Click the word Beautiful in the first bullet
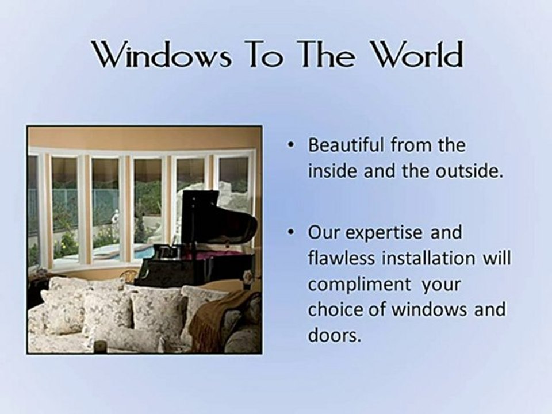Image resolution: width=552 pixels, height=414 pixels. [x=346, y=145]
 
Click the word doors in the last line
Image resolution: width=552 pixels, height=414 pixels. [x=335, y=336]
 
